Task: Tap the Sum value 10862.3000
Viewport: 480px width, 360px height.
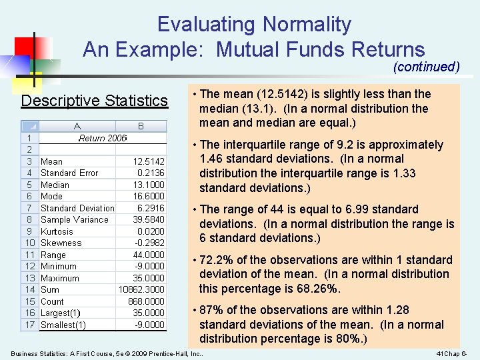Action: (141, 289)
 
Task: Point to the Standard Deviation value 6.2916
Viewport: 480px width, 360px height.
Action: (151, 208)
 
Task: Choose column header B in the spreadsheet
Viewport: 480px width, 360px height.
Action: (141, 125)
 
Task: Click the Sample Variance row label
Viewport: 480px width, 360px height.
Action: (74, 219)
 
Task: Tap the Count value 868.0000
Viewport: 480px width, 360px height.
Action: (147, 301)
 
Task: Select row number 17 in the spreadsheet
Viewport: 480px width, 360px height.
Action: (29, 325)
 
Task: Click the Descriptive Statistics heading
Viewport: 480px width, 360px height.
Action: (95, 101)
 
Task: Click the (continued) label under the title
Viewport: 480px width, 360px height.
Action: (427, 67)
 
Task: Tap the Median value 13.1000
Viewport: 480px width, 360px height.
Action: (149, 185)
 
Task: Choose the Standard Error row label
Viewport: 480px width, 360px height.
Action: (69, 173)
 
